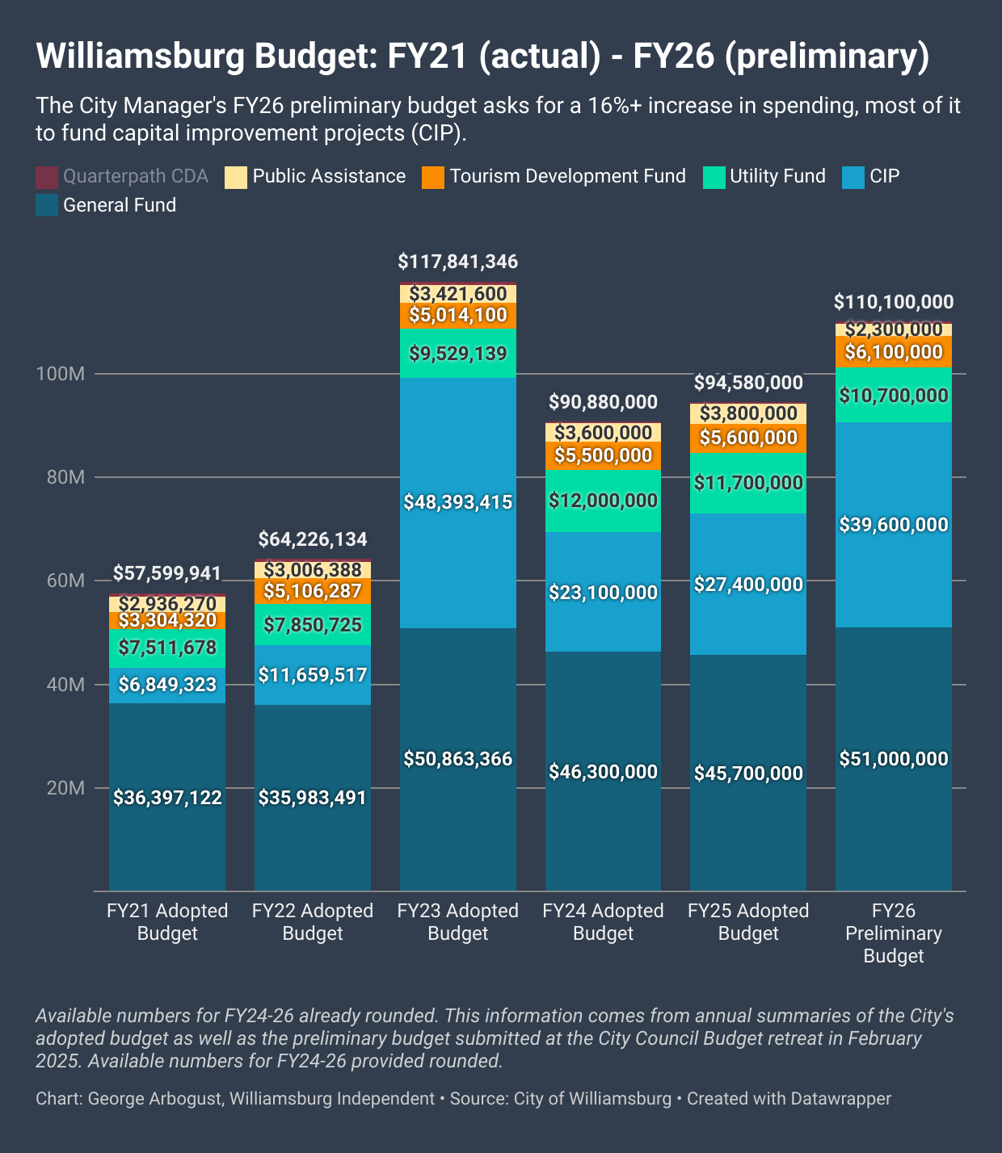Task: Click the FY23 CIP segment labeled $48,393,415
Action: pyautogui.click(x=458, y=502)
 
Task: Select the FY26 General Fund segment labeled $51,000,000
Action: pyautogui.click(x=893, y=759)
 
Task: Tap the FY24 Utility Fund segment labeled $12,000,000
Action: pyautogui.click(x=603, y=501)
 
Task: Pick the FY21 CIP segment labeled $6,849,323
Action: pyautogui.click(x=167, y=685)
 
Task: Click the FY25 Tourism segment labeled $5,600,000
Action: pyautogui.click(x=748, y=438)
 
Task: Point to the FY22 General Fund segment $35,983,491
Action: pyautogui.click(x=313, y=798)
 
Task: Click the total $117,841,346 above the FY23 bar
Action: pyautogui.click(x=458, y=262)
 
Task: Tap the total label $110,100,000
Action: pyautogui.click(x=893, y=302)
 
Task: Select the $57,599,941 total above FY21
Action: pyautogui.click(x=167, y=573)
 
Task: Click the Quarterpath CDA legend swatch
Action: pyautogui.click(x=47, y=177)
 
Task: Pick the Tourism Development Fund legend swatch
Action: pyautogui.click(x=433, y=177)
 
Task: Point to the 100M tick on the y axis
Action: pyautogui.click(x=65, y=374)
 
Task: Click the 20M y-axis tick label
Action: pyautogui.click(x=65, y=788)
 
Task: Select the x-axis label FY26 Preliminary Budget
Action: pyautogui.click(x=893, y=933)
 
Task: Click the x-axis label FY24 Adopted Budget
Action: pyautogui.click(x=603, y=922)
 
